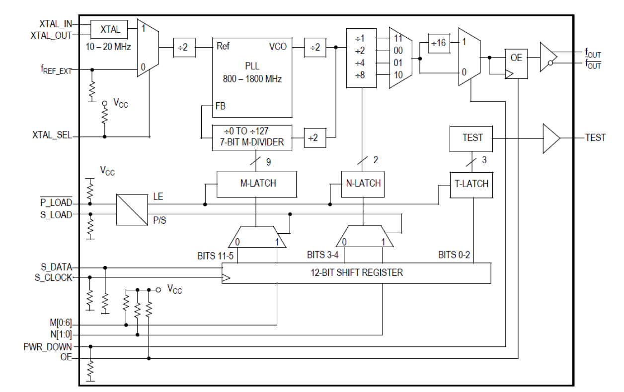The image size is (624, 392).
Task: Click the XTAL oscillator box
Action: pos(109,29)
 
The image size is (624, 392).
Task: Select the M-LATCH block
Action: pos(256,184)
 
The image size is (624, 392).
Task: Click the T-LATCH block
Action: pos(471,184)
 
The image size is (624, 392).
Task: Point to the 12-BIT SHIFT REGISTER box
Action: pos(356,272)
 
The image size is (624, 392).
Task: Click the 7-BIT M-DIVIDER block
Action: pos(252,137)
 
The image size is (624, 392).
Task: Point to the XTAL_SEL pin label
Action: pos(52,136)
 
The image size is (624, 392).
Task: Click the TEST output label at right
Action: pos(595,137)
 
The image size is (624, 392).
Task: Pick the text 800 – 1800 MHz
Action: pos(252,79)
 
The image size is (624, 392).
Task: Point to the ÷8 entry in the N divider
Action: pos(360,75)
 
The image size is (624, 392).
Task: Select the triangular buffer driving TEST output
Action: pos(550,137)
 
